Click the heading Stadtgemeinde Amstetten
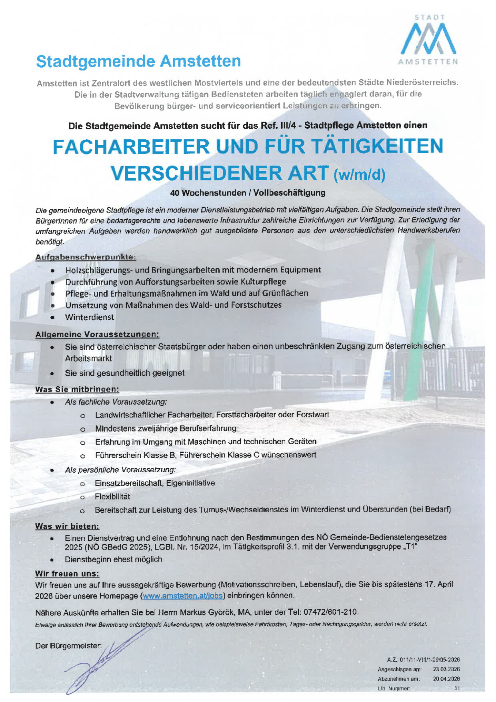[x=138, y=62]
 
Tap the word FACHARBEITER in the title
[x=131, y=147]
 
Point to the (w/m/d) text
[x=359, y=174]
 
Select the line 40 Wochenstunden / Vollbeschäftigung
[x=248, y=193]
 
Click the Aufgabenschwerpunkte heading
[x=86, y=257]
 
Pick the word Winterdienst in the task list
[x=90, y=317]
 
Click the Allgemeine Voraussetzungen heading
[x=97, y=335]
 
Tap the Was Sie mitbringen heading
[x=77, y=389]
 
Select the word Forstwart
[x=312, y=415]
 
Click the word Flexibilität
[x=112, y=497]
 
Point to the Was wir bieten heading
[x=67, y=526]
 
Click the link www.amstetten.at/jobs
[x=183, y=596]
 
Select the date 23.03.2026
[x=446, y=669]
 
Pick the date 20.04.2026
[x=446, y=679]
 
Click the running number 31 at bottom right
[x=457, y=688]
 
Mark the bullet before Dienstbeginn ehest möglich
[x=52, y=560]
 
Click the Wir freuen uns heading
[x=67, y=574]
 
